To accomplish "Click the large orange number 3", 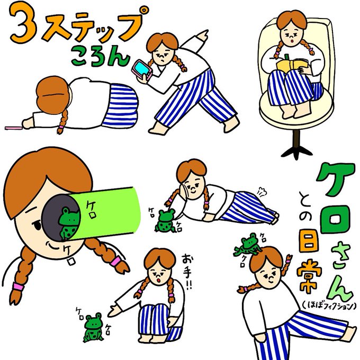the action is (x=23, y=23).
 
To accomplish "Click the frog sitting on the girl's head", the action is (x=247, y=245).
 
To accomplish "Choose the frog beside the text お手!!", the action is (x=93, y=327).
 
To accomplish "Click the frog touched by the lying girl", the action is (x=165, y=220).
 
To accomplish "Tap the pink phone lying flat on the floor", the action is (x=13, y=128).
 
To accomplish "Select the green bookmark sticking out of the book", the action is (x=287, y=58).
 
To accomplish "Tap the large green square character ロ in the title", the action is (x=336, y=219).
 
